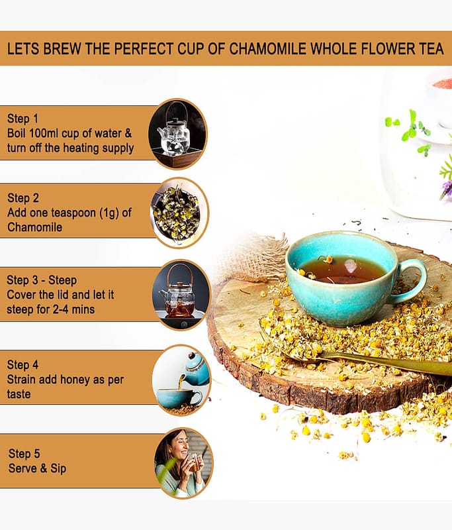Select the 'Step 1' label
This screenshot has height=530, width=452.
23,119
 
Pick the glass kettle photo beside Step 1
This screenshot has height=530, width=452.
177,134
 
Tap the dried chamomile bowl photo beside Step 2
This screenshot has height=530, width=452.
179,213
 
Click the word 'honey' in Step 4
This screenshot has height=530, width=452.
71,380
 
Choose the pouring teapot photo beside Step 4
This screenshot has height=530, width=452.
181,380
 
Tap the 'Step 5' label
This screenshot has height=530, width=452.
24,454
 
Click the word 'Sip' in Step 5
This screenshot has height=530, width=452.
58,469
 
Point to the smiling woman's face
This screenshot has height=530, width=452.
179,445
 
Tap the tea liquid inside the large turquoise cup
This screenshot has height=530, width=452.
343,270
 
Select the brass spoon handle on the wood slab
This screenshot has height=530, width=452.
388,362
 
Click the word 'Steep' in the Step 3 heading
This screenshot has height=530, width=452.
62,280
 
